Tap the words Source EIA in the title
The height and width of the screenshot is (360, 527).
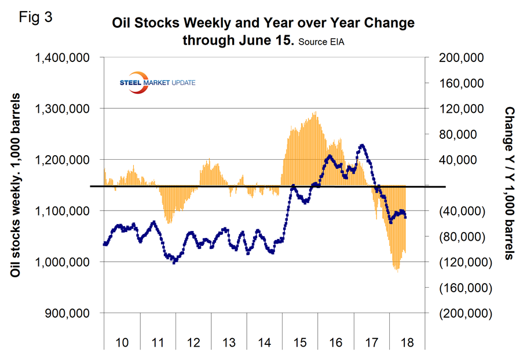[x=324, y=42]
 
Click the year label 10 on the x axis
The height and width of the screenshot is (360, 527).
[x=122, y=342]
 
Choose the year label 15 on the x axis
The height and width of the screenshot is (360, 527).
[x=299, y=342]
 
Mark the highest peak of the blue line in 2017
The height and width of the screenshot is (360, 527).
[x=362, y=145]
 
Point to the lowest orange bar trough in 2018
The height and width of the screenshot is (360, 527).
[x=397, y=270]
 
